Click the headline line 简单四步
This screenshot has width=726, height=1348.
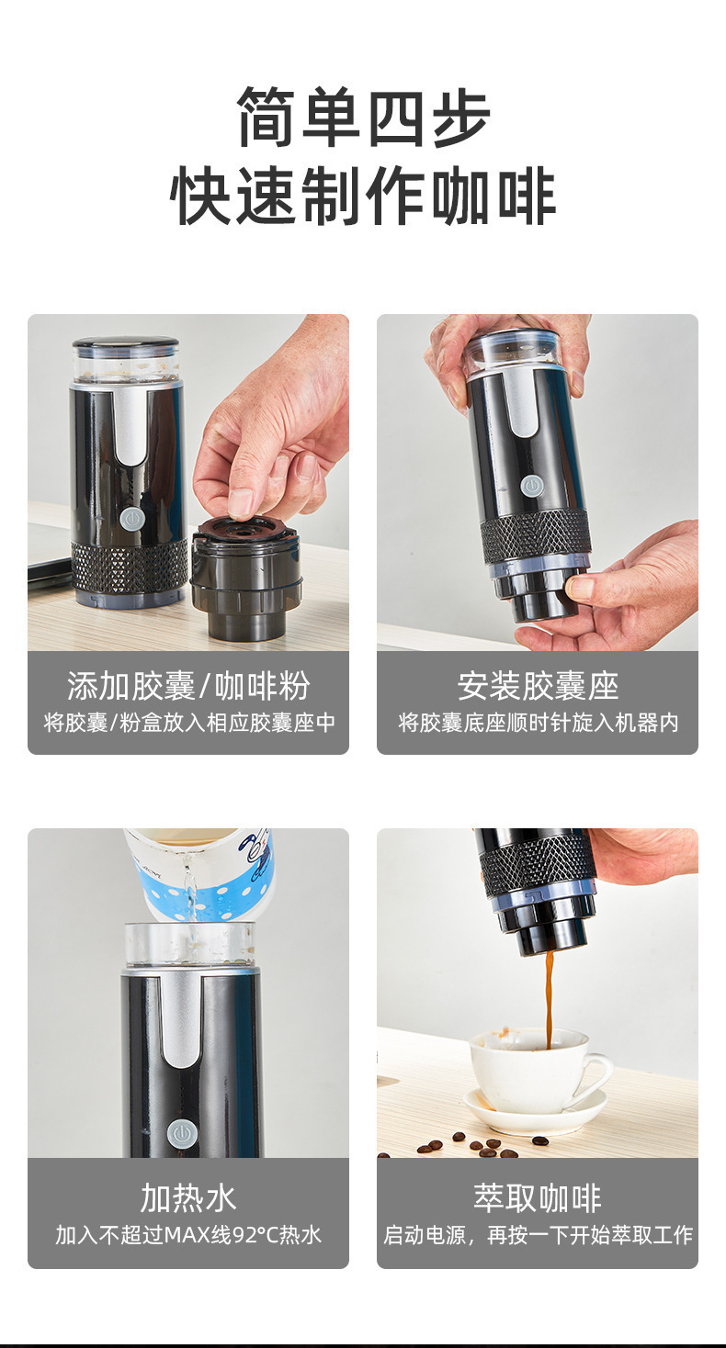tap(363, 117)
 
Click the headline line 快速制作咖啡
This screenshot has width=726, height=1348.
tap(363, 197)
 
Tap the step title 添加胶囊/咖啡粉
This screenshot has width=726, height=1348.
tap(188, 685)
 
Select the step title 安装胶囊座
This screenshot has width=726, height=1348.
tap(538, 685)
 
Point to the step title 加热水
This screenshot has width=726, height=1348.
tap(188, 1198)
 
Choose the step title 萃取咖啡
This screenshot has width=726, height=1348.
tap(538, 1198)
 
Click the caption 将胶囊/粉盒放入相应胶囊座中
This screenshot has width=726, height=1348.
tap(189, 722)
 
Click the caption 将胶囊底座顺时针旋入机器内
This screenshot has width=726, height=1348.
tap(538, 722)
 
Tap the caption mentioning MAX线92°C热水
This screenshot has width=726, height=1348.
tap(188, 1235)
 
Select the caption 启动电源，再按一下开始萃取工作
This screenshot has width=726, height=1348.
tap(538, 1235)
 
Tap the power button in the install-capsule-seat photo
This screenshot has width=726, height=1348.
tap(531, 485)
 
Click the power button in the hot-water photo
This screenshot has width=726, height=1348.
tap(182, 1135)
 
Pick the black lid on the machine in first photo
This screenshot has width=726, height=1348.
tap(126, 343)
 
